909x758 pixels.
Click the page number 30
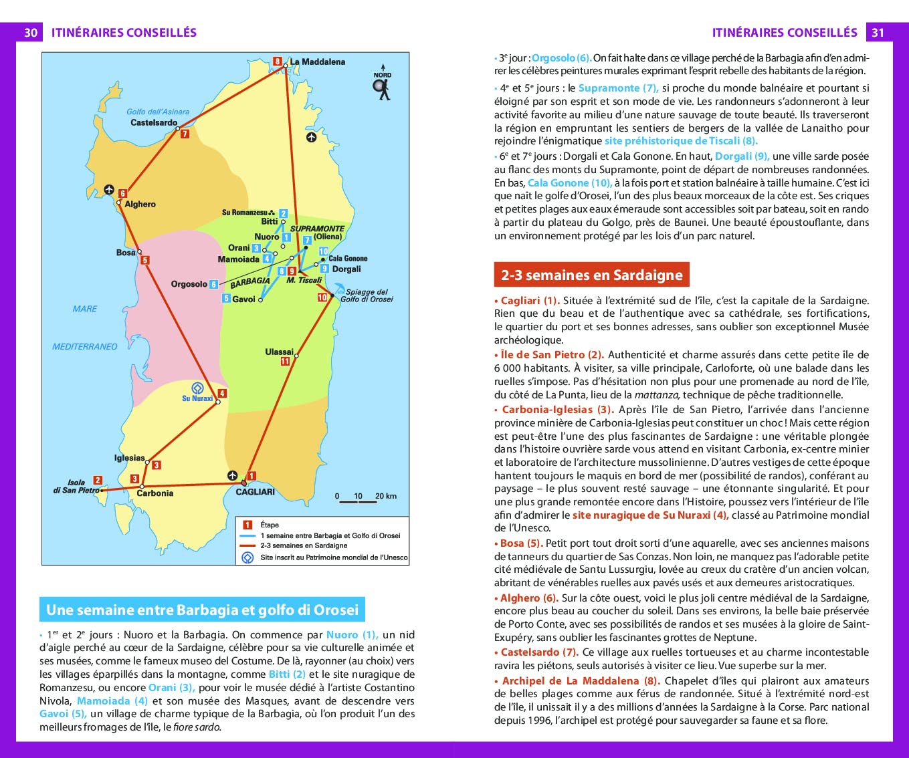31,33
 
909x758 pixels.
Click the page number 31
878,33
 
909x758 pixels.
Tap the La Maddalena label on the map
317,62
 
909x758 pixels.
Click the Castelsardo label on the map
154,123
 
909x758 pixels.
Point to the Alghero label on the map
140,205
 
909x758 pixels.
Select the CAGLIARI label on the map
255,492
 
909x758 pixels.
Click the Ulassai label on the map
279,352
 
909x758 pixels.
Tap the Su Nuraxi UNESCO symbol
197,388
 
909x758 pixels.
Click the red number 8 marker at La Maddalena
278,61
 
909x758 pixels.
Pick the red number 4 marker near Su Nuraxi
222,394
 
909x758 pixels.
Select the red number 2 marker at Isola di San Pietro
98,480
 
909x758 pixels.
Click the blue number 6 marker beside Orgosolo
214,284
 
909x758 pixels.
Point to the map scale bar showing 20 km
366,499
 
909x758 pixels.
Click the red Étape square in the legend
247,525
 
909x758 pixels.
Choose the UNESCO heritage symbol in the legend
247,557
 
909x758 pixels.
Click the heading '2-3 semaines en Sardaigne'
591,275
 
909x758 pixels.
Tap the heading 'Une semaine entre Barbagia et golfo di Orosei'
202,610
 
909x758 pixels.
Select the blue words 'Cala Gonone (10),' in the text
569,183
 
